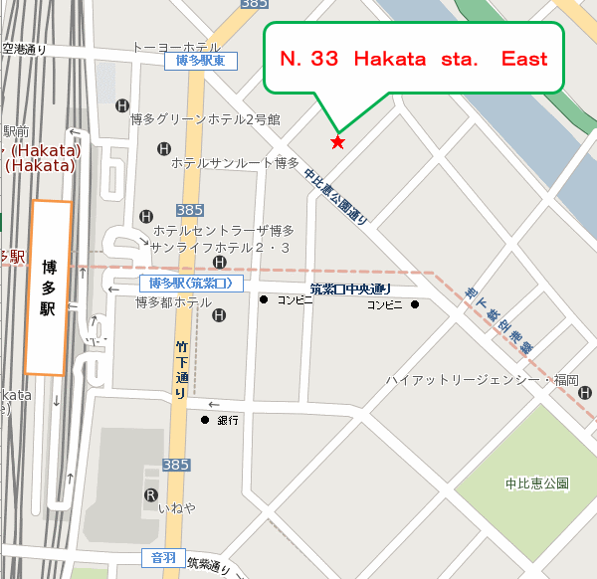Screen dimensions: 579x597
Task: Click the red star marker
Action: tap(337, 142)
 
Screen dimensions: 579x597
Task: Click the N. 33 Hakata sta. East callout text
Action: tap(413, 59)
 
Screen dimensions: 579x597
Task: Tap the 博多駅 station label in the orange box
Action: tap(49, 289)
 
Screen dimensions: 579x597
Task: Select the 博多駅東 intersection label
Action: tap(200, 62)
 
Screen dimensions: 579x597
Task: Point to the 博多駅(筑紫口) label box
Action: tap(190, 284)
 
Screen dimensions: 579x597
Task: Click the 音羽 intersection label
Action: tap(163, 558)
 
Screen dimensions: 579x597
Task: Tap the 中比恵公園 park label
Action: tap(536, 484)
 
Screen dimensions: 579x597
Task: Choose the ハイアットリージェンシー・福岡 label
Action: tap(483, 381)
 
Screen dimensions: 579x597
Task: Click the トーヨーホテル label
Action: tap(177, 47)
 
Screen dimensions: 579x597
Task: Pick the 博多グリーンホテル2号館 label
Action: tap(205, 119)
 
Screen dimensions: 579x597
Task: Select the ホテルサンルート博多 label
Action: tap(235, 162)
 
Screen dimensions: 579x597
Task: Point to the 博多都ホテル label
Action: tap(173, 302)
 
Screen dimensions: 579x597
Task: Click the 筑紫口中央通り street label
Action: tap(349, 289)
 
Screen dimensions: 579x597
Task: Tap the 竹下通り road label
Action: tap(181, 368)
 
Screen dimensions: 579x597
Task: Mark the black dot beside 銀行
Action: tap(205, 420)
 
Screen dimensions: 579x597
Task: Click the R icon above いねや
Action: tap(150, 494)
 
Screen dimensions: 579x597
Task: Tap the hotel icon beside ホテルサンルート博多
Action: tap(165, 149)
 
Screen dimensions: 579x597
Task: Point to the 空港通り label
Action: tap(26, 48)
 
